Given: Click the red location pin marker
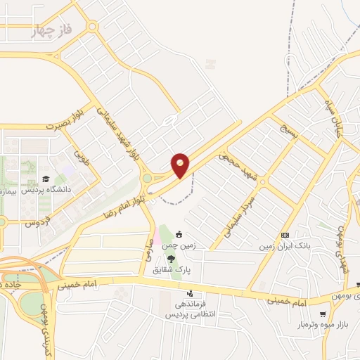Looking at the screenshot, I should point(181,165).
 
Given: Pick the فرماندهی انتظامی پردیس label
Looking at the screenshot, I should point(190,310).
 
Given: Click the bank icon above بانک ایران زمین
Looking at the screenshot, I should point(285,234).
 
